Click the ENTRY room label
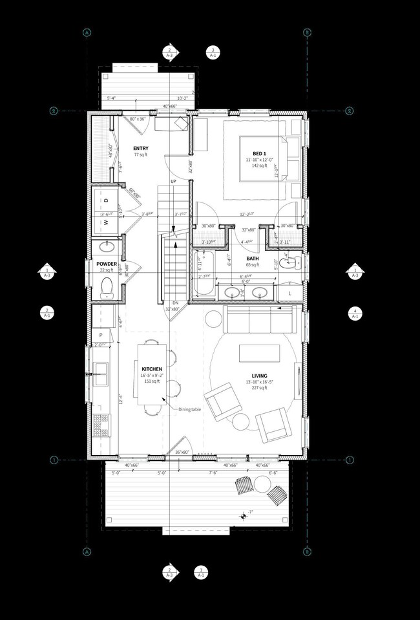pyautogui.click(x=140, y=149)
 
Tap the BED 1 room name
pyautogui.click(x=251, y=151)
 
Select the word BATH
pyautogui.click(x=252, y=258)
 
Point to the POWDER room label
pyautogui.click(x=107, y=264)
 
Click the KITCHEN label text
pyautogui.click(x=152, y=369)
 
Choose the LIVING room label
pyautogui.click(x=260, y=376)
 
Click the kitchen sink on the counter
pyautogui.click(x=100, y=370)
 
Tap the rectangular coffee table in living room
pyautogui.click(x=259, y=353)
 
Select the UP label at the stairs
pyautogui.click(x=173, y=182)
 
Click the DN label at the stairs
pyautogui.click(x=174, y=303)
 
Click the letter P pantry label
pyautogui.click(x=101, y=334)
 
